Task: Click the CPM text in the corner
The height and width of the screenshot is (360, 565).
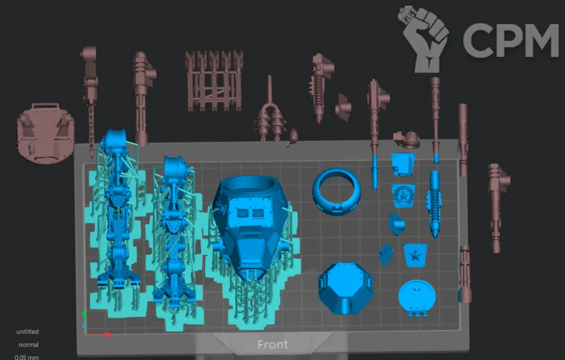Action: [511, 40]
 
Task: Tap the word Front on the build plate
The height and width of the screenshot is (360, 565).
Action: [273, 345]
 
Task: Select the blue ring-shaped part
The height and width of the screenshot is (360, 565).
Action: [337, 191]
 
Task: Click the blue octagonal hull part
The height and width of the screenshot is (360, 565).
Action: [345, 288]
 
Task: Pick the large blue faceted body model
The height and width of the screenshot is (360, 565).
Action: [251, 227]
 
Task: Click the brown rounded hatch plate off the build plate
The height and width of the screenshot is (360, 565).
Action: [45, 133]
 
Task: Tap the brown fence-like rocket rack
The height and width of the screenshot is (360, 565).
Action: [214, 80]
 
